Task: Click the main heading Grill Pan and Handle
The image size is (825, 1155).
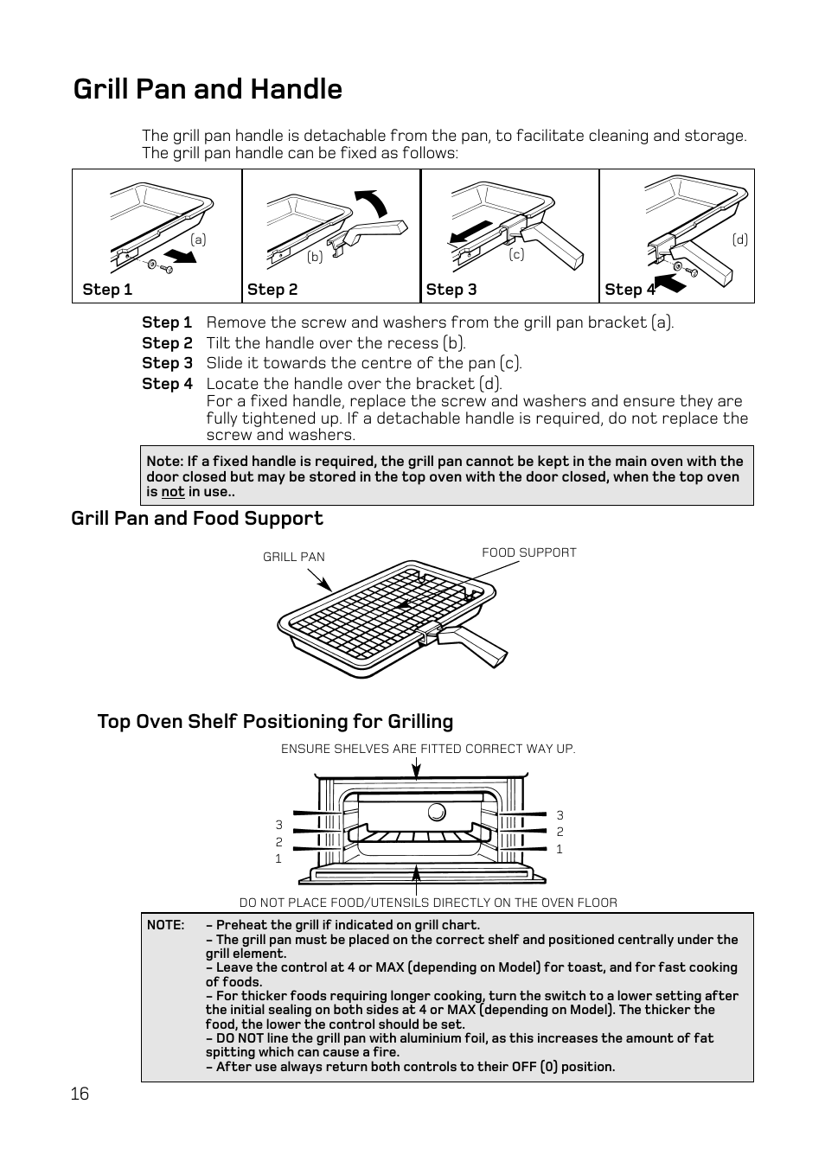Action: [x=208, y=89]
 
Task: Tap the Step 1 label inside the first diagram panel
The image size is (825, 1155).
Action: [x=107, y=290]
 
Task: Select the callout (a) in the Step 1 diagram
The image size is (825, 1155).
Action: [x=199, y=239]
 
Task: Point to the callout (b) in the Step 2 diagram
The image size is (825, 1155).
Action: [x=315, y=256]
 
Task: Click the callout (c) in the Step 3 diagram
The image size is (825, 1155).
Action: [x=516, y=254]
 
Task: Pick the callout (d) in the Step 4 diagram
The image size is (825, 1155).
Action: [x=739, y=239]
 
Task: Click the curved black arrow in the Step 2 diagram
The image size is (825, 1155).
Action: [x=374, y=203]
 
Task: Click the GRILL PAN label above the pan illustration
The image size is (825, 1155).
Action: [x=294, y=557]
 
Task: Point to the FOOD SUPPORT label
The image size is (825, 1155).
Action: [x=528, y=552]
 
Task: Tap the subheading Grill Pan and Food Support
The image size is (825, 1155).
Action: [x=197, y=518]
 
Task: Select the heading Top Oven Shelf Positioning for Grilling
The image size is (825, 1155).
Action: [x=275, y=721]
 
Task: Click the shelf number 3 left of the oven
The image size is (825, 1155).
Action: [x=278, y=825]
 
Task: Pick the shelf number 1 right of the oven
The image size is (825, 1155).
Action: [x=560, y=849]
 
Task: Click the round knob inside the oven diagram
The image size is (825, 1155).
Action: [x=437, y=812]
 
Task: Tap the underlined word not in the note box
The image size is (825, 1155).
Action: [x=173, y=492]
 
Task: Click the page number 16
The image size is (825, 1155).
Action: [x=80, y=1094]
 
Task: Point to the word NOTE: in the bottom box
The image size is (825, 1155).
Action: [x=165, y=925]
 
